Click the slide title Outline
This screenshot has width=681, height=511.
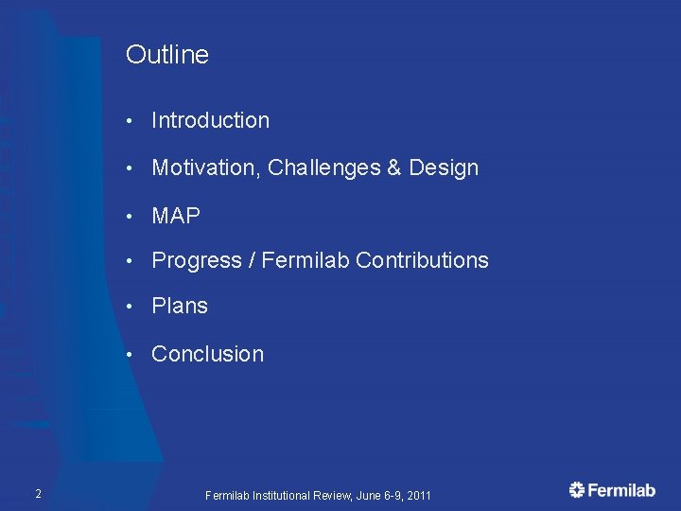click(x=166, y=55)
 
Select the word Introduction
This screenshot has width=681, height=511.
click(x=210, y=120)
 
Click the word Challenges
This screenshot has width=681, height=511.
click(x=323, y=168)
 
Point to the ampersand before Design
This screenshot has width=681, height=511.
click(x=394, y=168)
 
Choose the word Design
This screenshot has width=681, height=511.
click(x=444, y=168)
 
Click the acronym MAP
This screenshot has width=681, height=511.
click(x=176, y=217)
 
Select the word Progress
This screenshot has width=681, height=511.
click(x=197, y=260)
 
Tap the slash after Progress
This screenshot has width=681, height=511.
click(x=252, y=260)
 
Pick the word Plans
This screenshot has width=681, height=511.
click(x=180, y=307)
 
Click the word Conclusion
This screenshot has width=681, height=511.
click(x=207, y=354)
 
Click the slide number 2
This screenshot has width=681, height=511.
click(x=37, y=493)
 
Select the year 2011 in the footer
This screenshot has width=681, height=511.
click(x=417, y=495)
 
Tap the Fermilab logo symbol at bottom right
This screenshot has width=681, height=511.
click(x=577, y=489)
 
